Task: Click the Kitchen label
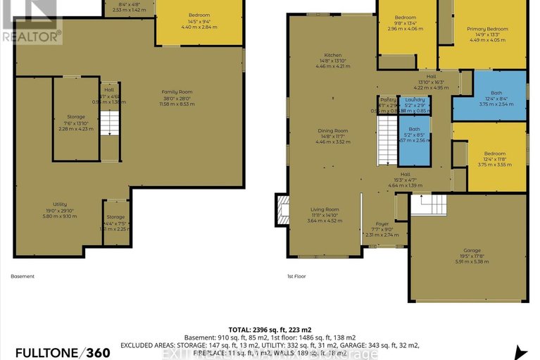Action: click(332, 59)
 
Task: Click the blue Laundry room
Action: click(415, 104)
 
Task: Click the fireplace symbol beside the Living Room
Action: click(283, 209)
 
